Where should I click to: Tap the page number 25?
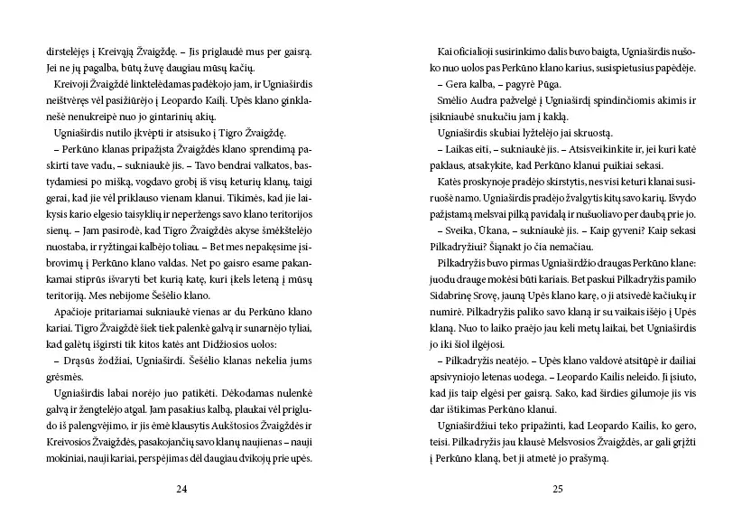point(557,489)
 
